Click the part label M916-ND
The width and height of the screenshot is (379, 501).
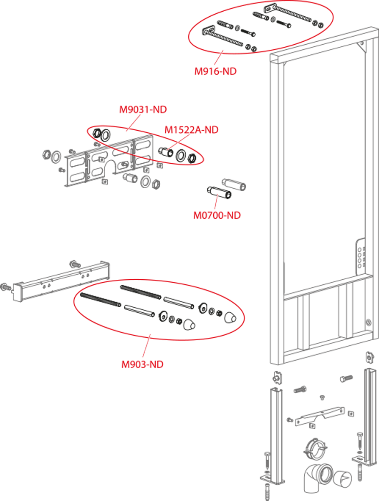[215, 71]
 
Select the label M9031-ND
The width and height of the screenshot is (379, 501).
[143, 110]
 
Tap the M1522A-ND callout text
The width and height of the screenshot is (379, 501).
[191, 130]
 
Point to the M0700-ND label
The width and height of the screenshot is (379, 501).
[217, 215]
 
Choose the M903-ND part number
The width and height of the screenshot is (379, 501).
[142, 364]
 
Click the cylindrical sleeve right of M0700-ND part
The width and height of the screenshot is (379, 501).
[233, 184]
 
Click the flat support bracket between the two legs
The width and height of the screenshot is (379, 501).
[319, 416]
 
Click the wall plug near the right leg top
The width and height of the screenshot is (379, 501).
[346, 379]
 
